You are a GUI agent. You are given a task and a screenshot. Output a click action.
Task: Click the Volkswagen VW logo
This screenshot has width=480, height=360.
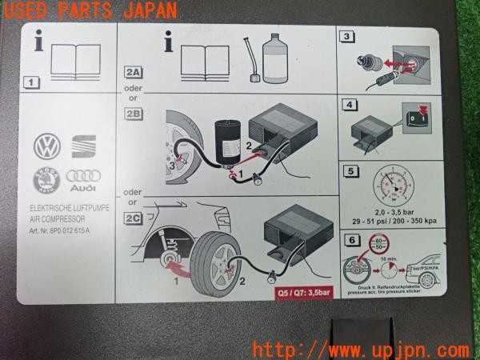pyautogui.click(x=48, y=146)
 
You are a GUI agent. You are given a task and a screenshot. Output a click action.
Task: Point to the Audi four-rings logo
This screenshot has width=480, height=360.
pyautogui.click(x=81, y=178)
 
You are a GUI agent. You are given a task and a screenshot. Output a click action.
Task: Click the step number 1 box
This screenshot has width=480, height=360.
pyautogui.click(x=30, y=82)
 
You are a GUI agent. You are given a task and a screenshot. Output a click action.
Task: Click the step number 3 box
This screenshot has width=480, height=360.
pyautogui.click(x=346, y=36)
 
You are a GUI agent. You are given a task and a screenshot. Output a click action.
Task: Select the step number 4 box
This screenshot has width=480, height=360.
pyautogui.click(x=348, y=104)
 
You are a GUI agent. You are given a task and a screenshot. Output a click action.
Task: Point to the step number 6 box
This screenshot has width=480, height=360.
pyautogui.click(x=350, y=238)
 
